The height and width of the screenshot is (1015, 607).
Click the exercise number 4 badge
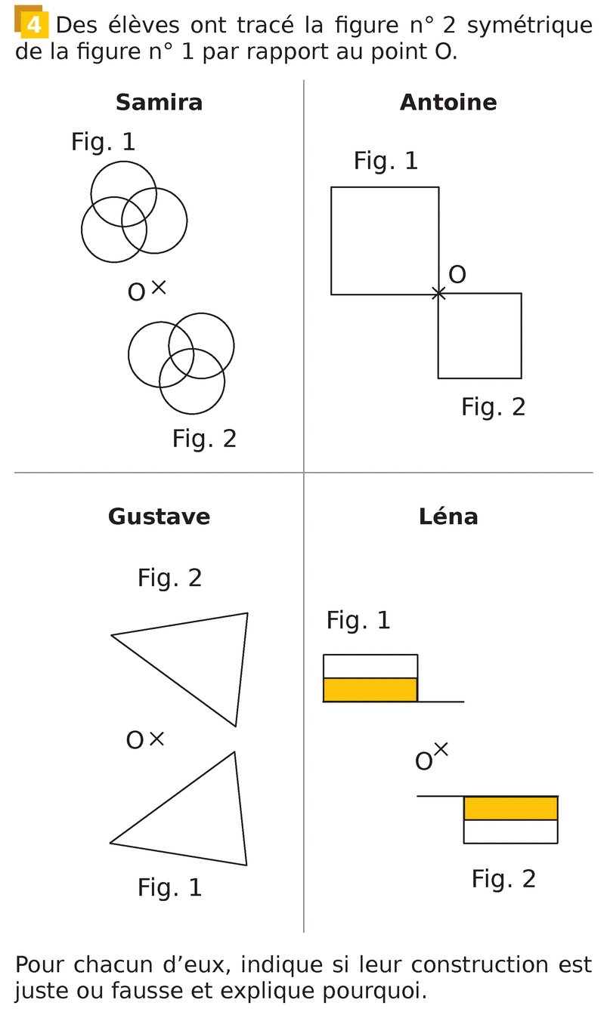[33, 25]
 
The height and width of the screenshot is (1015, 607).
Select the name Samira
[159, 103]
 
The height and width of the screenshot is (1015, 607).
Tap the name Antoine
[448, 103]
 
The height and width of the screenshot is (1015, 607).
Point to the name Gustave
[159, 517]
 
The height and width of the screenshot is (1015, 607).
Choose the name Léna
[448, 517]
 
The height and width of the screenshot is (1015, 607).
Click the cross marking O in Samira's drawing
[158, 286]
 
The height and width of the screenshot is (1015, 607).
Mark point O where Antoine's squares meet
[438, 293]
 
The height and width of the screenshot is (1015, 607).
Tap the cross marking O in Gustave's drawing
[156, 739]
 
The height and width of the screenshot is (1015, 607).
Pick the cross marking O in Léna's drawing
[441, 749]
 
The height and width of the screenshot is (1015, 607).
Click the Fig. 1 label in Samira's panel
[104, 142]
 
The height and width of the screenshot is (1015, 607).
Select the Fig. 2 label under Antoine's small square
[493, 407]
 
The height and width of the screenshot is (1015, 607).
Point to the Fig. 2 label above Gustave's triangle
[169, 578]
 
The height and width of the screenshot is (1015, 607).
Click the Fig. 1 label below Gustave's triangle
[169, 887]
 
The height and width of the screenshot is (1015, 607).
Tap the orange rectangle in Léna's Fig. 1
[370, 690]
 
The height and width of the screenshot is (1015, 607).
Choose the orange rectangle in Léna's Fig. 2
[510, 808]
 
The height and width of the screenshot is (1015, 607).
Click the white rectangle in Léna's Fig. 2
[510, 831]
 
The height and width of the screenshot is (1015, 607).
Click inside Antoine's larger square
[385, 240]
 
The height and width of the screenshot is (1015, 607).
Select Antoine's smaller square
[479, 335]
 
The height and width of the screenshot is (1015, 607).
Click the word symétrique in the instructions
[530, 25]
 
